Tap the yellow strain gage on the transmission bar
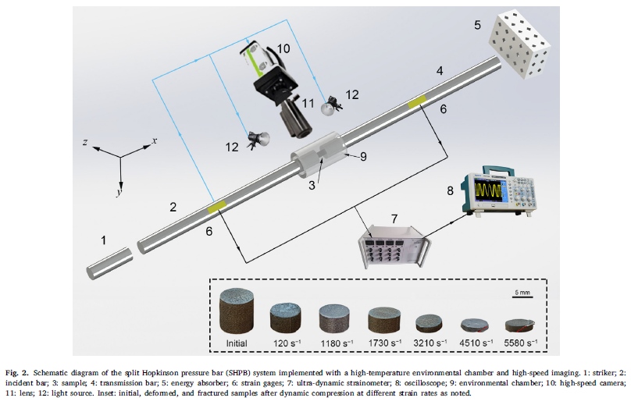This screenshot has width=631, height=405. (418, 101)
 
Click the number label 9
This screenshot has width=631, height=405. (362, 155)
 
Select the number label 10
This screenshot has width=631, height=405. (283, 48)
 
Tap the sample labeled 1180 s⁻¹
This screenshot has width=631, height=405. (337, 318)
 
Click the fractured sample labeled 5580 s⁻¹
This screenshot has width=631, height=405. (521, 323)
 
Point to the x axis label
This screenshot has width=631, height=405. (155, 140)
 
